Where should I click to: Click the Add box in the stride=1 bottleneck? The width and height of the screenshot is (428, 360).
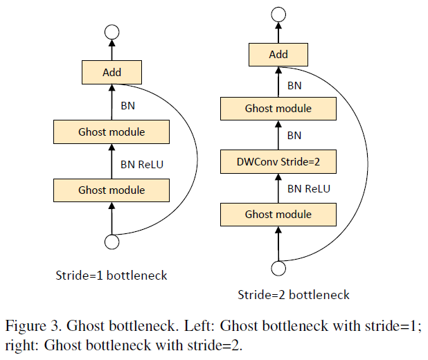[x=112, y=72]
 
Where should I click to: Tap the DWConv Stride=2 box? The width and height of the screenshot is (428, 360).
[x=278, y=162]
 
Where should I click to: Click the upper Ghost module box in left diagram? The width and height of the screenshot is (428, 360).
[x=112, y=131]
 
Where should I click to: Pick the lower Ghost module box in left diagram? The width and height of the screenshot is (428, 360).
[x=112, y=190]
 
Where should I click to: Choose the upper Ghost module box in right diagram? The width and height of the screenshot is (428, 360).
[x=278, y=108]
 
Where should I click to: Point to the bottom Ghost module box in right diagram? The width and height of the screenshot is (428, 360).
[x=278, y=215]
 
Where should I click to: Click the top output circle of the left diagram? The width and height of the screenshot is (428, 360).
[x=112, y=31]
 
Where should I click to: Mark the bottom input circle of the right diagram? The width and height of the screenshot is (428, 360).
[x=278, y=268]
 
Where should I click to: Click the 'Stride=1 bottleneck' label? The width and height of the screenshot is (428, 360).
[x=112, y=275]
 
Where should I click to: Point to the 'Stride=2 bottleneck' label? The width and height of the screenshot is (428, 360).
[x=294, y=295]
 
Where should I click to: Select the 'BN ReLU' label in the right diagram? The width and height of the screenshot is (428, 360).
[x=309, y=188]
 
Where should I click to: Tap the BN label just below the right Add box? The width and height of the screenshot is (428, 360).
[x=294, y=86]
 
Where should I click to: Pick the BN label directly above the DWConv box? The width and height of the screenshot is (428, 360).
[x=294, y=136]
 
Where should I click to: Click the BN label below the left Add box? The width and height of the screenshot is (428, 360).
[x=128, y=107]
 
